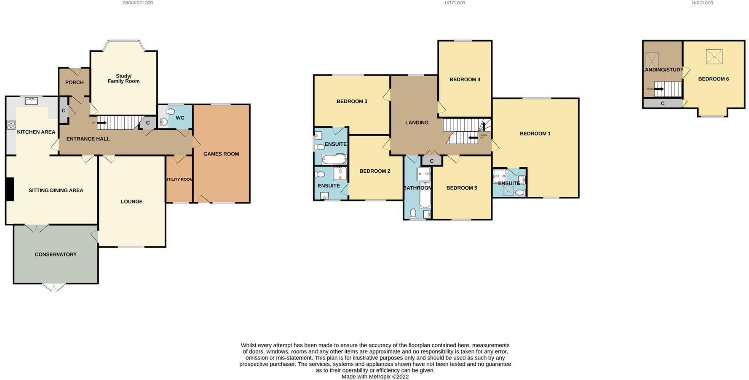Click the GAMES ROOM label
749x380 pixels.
[x=221, y=154]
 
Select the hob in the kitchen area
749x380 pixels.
[x=11, y=125]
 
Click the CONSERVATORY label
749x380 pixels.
[x=56, y=254]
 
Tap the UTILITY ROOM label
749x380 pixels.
[x=179, y=179]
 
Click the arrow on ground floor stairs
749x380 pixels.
[x=102, y=123]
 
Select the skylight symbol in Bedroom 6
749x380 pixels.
[x=714, y=56]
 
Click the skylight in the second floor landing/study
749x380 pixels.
[x=652, y=60]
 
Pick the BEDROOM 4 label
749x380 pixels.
[x=465, y=80]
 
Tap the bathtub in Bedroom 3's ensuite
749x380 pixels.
[x=334, y=159]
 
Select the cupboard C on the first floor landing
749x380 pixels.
[x=432, y=161]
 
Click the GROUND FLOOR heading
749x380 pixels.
[x=137, y=3]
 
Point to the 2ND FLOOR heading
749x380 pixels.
[x=702, y=3]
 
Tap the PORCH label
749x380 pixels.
[x=74, y=83]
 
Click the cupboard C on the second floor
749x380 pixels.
[x=662, y=104]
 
